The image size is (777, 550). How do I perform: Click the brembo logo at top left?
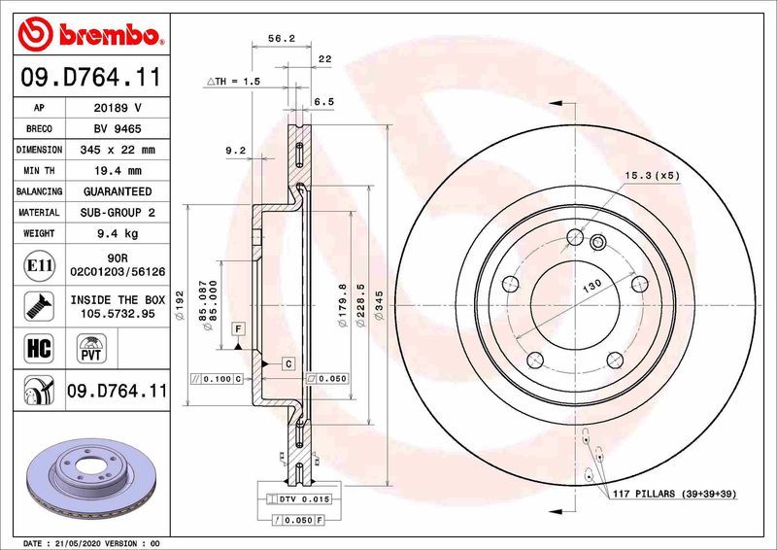pyautogui.click(x=90, y=35)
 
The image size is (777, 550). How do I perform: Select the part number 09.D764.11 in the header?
pyautogui.click(x=90, y=75)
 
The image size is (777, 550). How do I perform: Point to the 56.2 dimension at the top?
pyautogui.click(x=281, y=40)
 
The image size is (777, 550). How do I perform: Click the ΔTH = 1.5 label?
pyautogui.click(x=233, y=82)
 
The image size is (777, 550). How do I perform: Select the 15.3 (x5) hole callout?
pyautogui.click(x=653, y=176)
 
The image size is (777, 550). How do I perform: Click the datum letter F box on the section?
pyautogui.click(x=237, y=330)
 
